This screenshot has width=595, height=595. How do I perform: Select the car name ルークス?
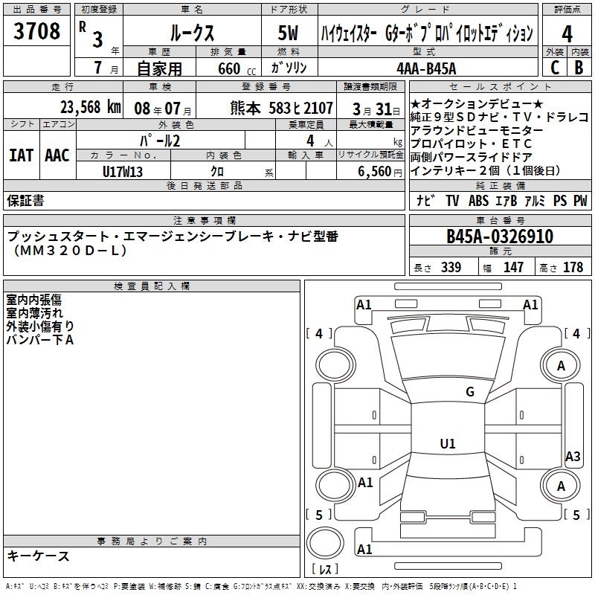tap(190, 33)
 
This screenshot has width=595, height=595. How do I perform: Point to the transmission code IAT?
tap(21, 155)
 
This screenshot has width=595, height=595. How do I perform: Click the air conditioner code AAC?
tap(57, 155)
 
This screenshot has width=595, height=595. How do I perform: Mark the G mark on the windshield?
tap(469, 392)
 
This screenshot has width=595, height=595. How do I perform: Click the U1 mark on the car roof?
tap(447, 444)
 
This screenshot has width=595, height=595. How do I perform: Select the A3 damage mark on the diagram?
tap(573, 456)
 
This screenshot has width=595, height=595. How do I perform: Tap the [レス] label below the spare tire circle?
tap(324, 570)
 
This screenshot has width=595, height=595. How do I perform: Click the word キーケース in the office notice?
tap(39, 556)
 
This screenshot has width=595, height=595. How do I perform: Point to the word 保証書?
tap(25, 200)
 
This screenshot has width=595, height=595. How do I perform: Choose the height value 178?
tap(573, 268)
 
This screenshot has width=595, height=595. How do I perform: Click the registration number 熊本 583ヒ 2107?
tap(282, 107)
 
